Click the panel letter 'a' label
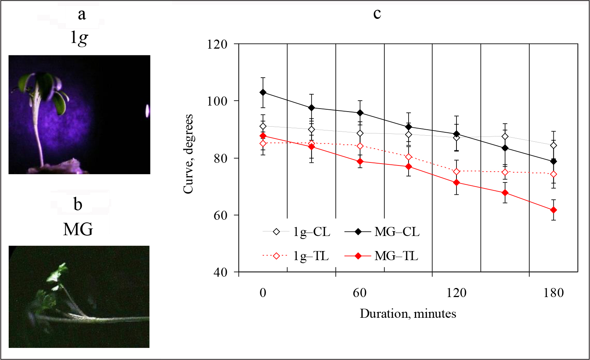(81, 15)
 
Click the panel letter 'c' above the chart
(377, 14)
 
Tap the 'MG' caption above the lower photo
(78, 229)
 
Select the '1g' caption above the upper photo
(79, 38)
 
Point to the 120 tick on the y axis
(218, 44)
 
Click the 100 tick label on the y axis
(218, 101)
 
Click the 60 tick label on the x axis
(360, 293)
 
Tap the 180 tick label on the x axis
(553, 293)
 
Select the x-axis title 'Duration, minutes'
(408, 314)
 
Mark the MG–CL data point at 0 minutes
(263, 92)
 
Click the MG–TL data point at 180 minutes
(553, 210)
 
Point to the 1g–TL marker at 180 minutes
(553, 175)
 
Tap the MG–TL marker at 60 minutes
(360, 161)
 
